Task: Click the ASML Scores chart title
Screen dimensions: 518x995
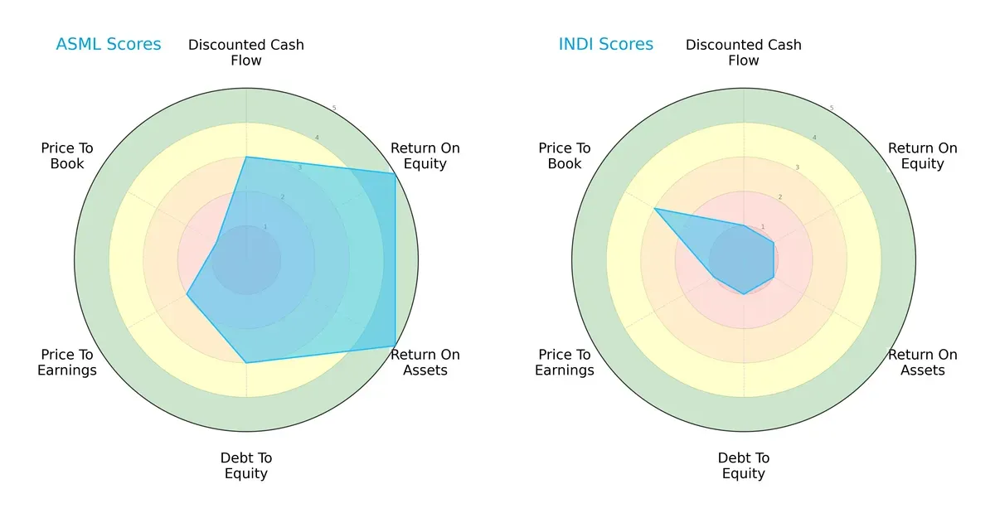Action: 108,45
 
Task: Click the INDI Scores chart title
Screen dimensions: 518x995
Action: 605,45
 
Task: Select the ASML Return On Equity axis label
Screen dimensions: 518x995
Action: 425,156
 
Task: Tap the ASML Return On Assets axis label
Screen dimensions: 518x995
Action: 425,362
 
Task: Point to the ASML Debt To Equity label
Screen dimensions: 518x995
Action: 246,466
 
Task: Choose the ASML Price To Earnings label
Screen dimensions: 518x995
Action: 67,362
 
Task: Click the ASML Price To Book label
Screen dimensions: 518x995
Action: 67,156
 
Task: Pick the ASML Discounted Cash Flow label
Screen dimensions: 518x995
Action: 246,52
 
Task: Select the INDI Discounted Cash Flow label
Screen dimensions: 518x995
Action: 744,52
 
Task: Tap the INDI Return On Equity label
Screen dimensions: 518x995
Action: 922,156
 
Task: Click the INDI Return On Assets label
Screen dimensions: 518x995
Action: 922,362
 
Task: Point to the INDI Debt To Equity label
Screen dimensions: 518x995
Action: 744,466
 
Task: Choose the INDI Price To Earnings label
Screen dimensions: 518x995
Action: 565,362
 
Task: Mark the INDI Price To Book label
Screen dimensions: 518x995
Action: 565,156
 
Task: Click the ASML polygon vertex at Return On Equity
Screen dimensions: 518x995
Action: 395,173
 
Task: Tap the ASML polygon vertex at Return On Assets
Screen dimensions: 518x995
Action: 395,346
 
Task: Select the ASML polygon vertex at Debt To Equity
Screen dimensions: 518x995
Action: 246,362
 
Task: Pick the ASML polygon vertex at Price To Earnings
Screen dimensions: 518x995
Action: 187,294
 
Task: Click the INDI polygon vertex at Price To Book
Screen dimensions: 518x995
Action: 654,208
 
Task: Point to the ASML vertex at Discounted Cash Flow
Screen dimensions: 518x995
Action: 246,157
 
